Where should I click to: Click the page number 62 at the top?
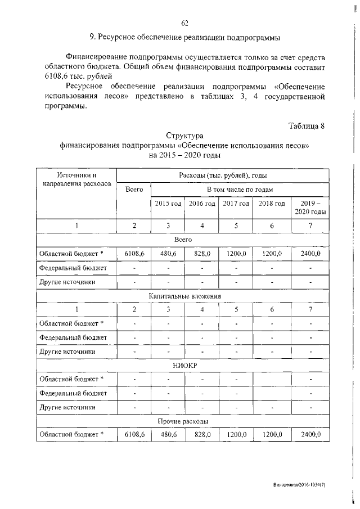pos(184,23)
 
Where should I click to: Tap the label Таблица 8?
pos(307,125)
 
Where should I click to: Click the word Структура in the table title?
pos(184,136)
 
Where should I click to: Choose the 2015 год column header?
pos(168,203)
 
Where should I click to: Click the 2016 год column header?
pos(202,203)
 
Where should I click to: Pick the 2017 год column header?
pos(236,203)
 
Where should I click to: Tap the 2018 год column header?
pos(272,203)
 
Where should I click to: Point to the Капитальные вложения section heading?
pos(184,295)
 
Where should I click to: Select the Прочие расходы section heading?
pos(184,421)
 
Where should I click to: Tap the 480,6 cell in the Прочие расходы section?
pos(168,434)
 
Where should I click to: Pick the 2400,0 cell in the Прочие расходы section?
pos(310,434)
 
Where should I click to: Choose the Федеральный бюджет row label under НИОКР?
pos(73,393)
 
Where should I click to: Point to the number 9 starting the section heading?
pos(92,38)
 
